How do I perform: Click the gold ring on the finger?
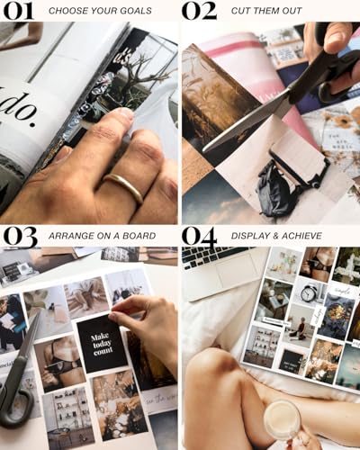(x=124, y=185)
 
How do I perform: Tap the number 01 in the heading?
(x=18, y=11)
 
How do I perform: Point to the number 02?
(x=199, y=11)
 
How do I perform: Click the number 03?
(x=19, y=237)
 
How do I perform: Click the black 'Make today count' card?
(x=102, y=343)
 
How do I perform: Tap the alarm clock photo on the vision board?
(x=308, y=292)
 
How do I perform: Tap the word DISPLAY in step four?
(x=246, y=238)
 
